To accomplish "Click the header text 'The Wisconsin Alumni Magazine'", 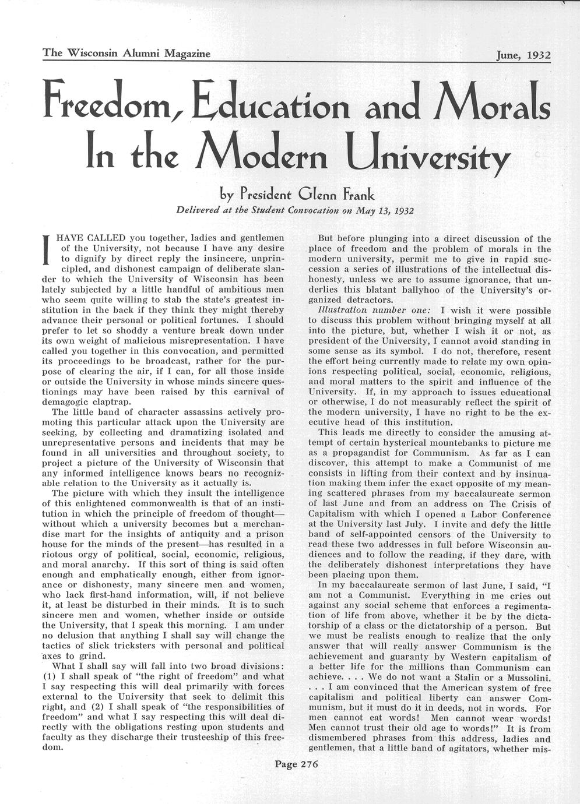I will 126,54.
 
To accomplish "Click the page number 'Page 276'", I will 296,765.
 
